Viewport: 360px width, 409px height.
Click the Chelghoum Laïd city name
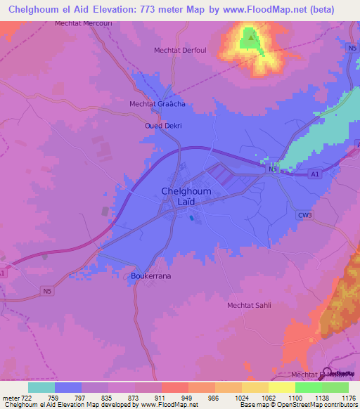point(187,196)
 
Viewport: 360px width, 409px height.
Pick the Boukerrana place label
point(151,276)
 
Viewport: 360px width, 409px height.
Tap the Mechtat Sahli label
point(248,305)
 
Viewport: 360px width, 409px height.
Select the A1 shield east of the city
point(314,173)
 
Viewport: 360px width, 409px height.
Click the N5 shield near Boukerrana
point(47,291)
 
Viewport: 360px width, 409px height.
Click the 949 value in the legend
point(187,397)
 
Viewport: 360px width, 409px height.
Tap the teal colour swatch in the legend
point(41,387)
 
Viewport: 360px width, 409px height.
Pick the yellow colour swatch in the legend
point(255,387)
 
